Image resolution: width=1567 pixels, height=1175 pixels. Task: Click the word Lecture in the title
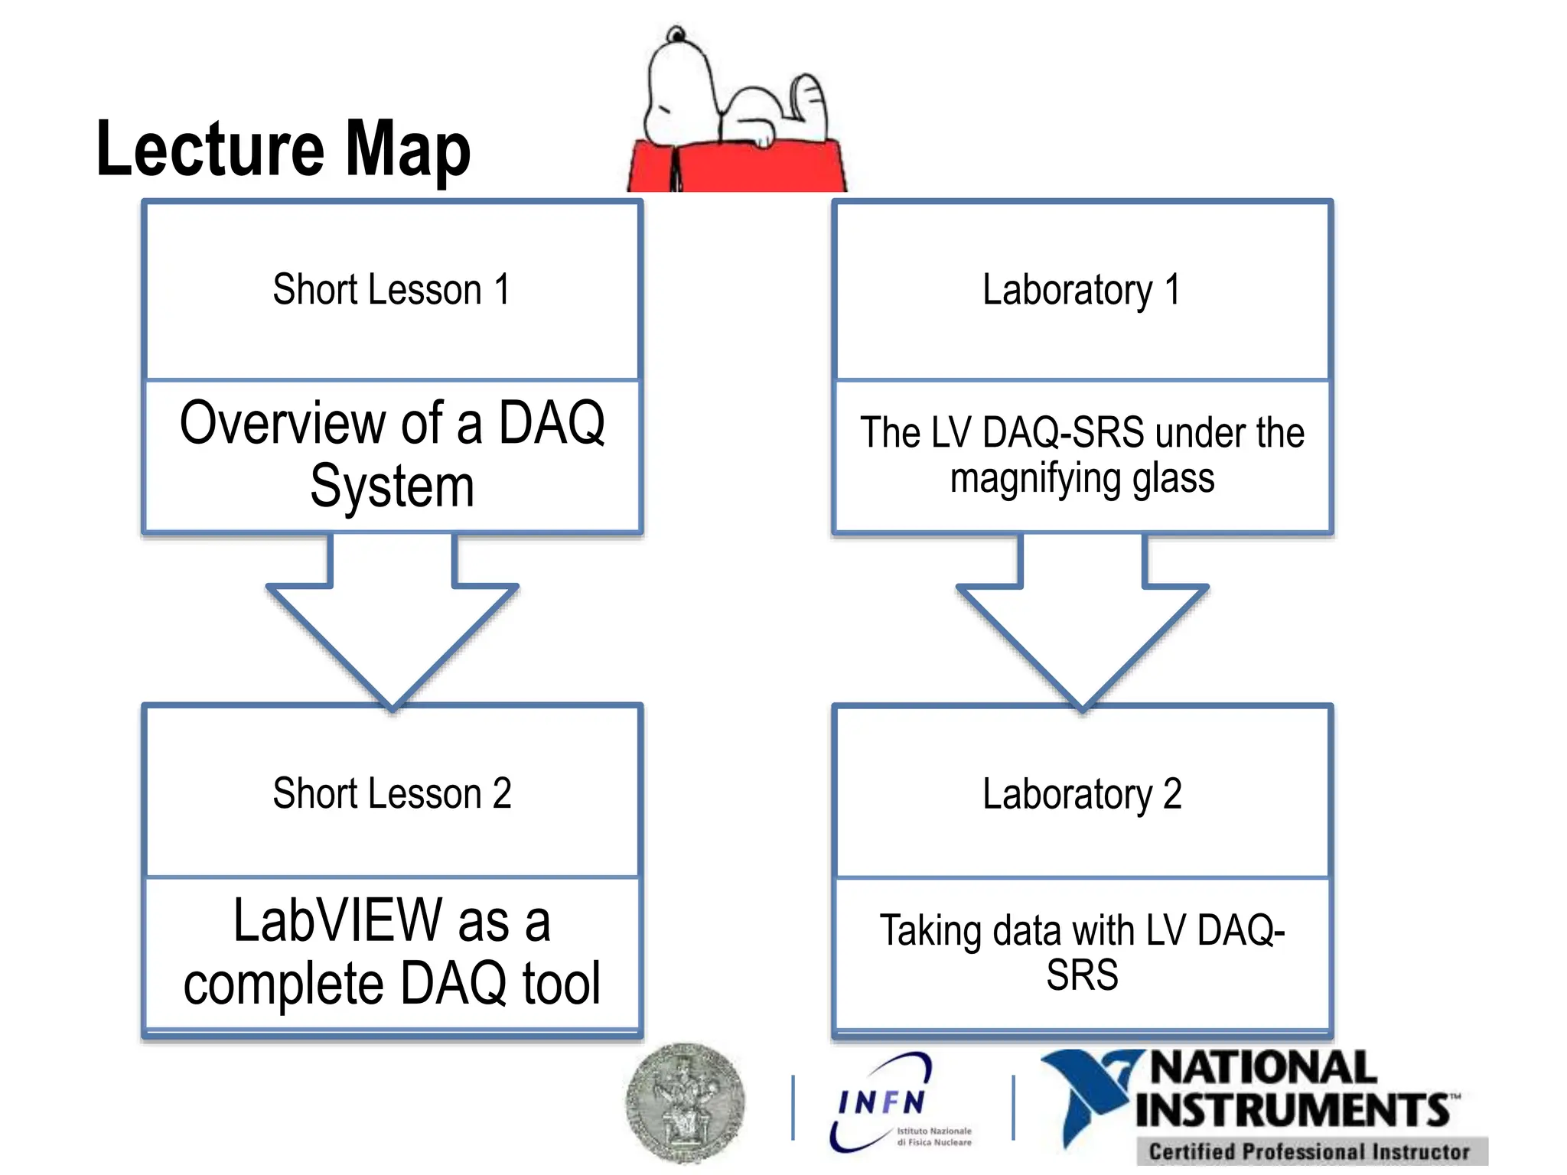210,149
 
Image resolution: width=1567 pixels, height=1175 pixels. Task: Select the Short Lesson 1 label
391,290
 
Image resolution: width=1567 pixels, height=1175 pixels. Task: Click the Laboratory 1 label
1081,290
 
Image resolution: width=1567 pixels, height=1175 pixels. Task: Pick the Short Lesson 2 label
392,793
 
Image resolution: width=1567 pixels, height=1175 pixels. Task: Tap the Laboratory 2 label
1081,794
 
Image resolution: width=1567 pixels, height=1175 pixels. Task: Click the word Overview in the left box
283,423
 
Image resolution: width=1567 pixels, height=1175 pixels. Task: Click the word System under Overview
392,487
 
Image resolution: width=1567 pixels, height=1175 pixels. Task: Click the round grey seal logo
684,1102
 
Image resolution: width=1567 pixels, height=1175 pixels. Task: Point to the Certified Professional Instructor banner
1309,1151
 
